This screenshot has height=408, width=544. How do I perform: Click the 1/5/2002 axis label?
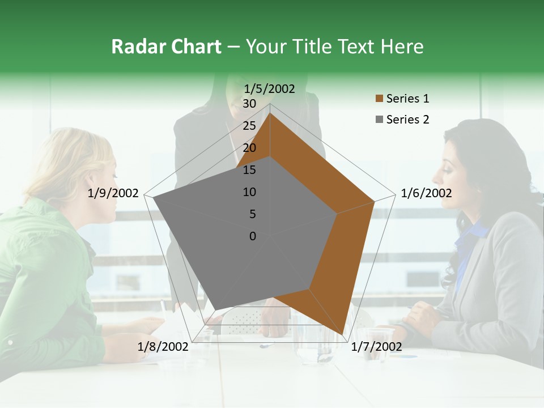point(270,88)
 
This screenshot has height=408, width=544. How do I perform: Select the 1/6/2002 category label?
point(426,193)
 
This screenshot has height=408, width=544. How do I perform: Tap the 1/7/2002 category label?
point(376,346)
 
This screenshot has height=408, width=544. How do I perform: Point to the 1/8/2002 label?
point(163,346)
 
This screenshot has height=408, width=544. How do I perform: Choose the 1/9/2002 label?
point(113,193)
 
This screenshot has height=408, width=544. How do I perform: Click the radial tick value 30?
point(249,104)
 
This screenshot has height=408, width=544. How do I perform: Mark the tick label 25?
point(249,126)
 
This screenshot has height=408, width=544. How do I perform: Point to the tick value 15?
point(249,170)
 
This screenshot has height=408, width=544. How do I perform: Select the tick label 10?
point(249,192)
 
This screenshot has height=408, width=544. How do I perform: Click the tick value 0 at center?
point(253,236)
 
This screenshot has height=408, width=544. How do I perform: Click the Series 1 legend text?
point(407,99)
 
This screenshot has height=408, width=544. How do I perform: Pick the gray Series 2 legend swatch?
point(379,120)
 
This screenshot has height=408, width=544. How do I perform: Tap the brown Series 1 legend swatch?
point(379,99)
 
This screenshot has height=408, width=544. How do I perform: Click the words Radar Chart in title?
point(166,46)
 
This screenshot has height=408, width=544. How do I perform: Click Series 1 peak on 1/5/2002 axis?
point(270,113)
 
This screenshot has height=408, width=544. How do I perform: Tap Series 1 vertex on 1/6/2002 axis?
point(375,201)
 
